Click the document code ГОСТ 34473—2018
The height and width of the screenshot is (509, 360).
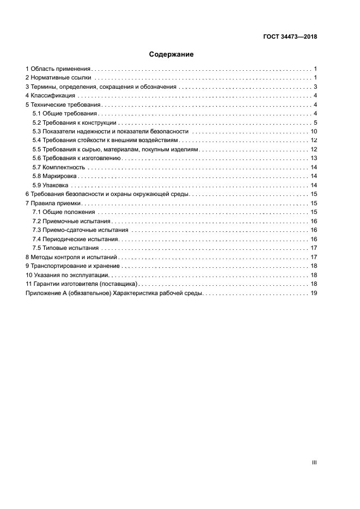[x=289, y=37]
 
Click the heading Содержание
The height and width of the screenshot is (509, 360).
[x=172, y=54]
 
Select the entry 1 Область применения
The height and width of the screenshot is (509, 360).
[x=58, y=69]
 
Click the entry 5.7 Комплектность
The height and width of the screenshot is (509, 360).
[x=59, y=167]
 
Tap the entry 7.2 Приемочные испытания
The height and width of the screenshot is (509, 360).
[x=71, y=221]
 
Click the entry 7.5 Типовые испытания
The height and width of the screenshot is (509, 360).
[x=66, y=248]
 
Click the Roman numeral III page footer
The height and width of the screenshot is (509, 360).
[x=314, y=462]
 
